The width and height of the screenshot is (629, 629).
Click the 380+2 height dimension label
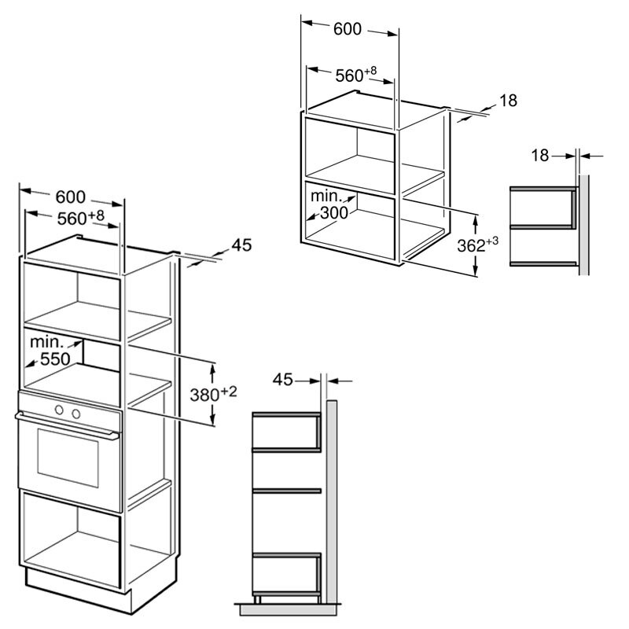click(x=213, y=394)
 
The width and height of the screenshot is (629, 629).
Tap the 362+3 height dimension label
click(x=478, y=245)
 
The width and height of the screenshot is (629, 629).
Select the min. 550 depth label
click(x=50, y=351)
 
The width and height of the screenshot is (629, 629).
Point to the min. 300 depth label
click(x=329, y=204)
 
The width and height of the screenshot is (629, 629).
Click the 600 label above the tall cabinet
click(x=70, y=197)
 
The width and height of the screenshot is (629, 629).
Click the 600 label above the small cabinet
click(x=348, y=29)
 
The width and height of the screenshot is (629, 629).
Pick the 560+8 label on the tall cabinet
click(x=81, y=218)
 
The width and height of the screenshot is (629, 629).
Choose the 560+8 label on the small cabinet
click(x=356, y=74)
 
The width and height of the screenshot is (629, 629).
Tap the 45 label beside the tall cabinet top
click(x=241, y=245)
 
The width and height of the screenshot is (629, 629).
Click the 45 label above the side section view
click(x=283, y=380)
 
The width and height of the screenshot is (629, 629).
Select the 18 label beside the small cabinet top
click(x=508, y=101)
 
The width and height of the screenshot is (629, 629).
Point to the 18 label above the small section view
click(x=540, y=155)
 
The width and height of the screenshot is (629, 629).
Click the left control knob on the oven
click(x=60, y=410)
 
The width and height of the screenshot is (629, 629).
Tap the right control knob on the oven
click(x=75, y=414)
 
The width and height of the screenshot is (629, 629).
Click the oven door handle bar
click(x=68, y=425)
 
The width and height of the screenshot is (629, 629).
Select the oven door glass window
click(x=68, y=458)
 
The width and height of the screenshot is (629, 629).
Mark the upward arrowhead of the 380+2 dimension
click(x=212, y=368)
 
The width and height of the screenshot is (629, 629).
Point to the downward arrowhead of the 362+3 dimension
click(x=476, y=271)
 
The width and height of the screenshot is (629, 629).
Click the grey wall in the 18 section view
click(x=583, y=225)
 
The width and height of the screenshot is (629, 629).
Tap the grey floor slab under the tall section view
click(x=289, y=609)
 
